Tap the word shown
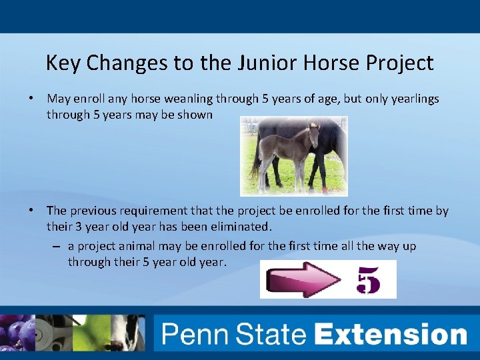point(196,115)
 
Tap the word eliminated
point(238,227)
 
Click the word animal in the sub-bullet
point(133,246)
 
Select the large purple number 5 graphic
point(369,280)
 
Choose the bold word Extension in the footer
point(391,333)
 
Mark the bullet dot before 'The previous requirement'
point(31,211)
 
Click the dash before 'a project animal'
point(58,247)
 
